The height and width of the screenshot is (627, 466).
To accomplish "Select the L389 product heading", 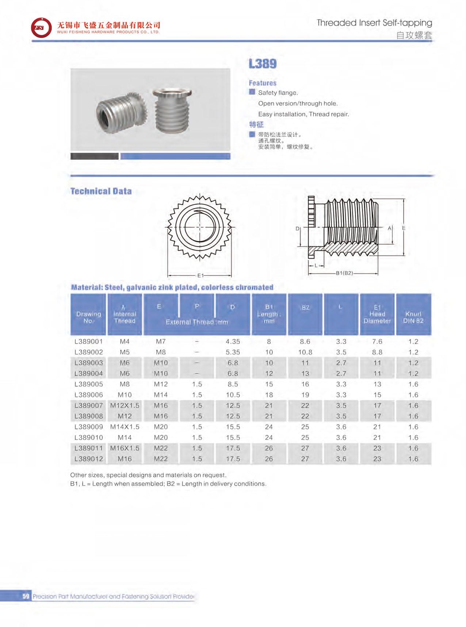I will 263,64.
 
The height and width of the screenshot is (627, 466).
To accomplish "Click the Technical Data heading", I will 101,191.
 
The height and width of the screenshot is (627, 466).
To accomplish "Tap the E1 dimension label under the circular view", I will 200,276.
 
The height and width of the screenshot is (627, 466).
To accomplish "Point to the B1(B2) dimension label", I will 344,273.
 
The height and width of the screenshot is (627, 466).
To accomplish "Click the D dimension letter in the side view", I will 297,229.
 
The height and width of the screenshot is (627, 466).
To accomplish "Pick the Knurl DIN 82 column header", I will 413,317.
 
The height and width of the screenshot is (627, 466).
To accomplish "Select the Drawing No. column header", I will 88,317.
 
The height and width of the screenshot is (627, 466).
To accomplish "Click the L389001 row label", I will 88,342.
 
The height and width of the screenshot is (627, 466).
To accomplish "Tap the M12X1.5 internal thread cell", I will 125,406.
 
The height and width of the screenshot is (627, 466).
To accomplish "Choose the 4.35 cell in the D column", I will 233,342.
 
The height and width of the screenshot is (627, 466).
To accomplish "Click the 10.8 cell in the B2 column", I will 305,352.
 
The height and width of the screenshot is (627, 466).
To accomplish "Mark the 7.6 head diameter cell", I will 377,342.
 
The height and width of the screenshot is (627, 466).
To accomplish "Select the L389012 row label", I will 88,459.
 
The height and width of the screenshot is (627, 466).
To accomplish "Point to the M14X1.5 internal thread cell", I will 125,427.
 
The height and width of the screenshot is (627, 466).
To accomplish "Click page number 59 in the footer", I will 26,596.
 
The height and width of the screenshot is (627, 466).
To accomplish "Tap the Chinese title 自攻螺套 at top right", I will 414,35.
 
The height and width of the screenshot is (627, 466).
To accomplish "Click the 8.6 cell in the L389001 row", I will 305,342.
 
